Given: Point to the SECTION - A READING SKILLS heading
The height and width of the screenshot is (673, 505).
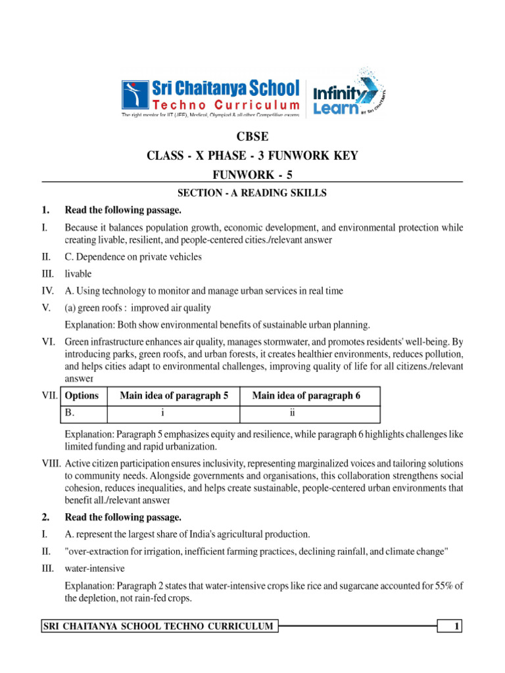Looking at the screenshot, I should click(252, 193).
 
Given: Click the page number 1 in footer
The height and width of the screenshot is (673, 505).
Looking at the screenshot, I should click(456, 627).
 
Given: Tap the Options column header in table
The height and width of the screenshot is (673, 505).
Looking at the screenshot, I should click(82, 396).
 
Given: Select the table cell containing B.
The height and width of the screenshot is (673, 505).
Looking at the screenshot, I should click(70, 413).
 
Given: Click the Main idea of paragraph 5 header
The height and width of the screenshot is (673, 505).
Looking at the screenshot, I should click(174, 396).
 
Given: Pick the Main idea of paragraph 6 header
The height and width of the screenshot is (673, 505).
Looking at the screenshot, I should click(306, 396).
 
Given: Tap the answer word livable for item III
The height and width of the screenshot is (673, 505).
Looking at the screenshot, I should click(78, 273).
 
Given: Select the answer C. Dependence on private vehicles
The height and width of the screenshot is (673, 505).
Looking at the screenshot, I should click(133, 257).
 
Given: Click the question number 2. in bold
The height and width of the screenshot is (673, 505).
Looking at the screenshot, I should click(45, 517).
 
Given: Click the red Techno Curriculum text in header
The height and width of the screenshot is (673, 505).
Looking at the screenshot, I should click(226, 105).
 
